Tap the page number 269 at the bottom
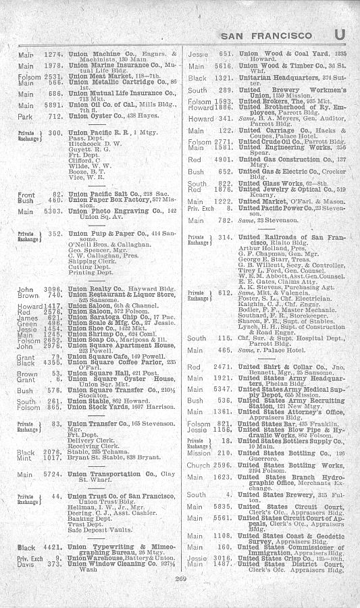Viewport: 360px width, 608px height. (x=180, y=597)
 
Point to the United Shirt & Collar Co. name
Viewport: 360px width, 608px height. (x=282, y=365)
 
